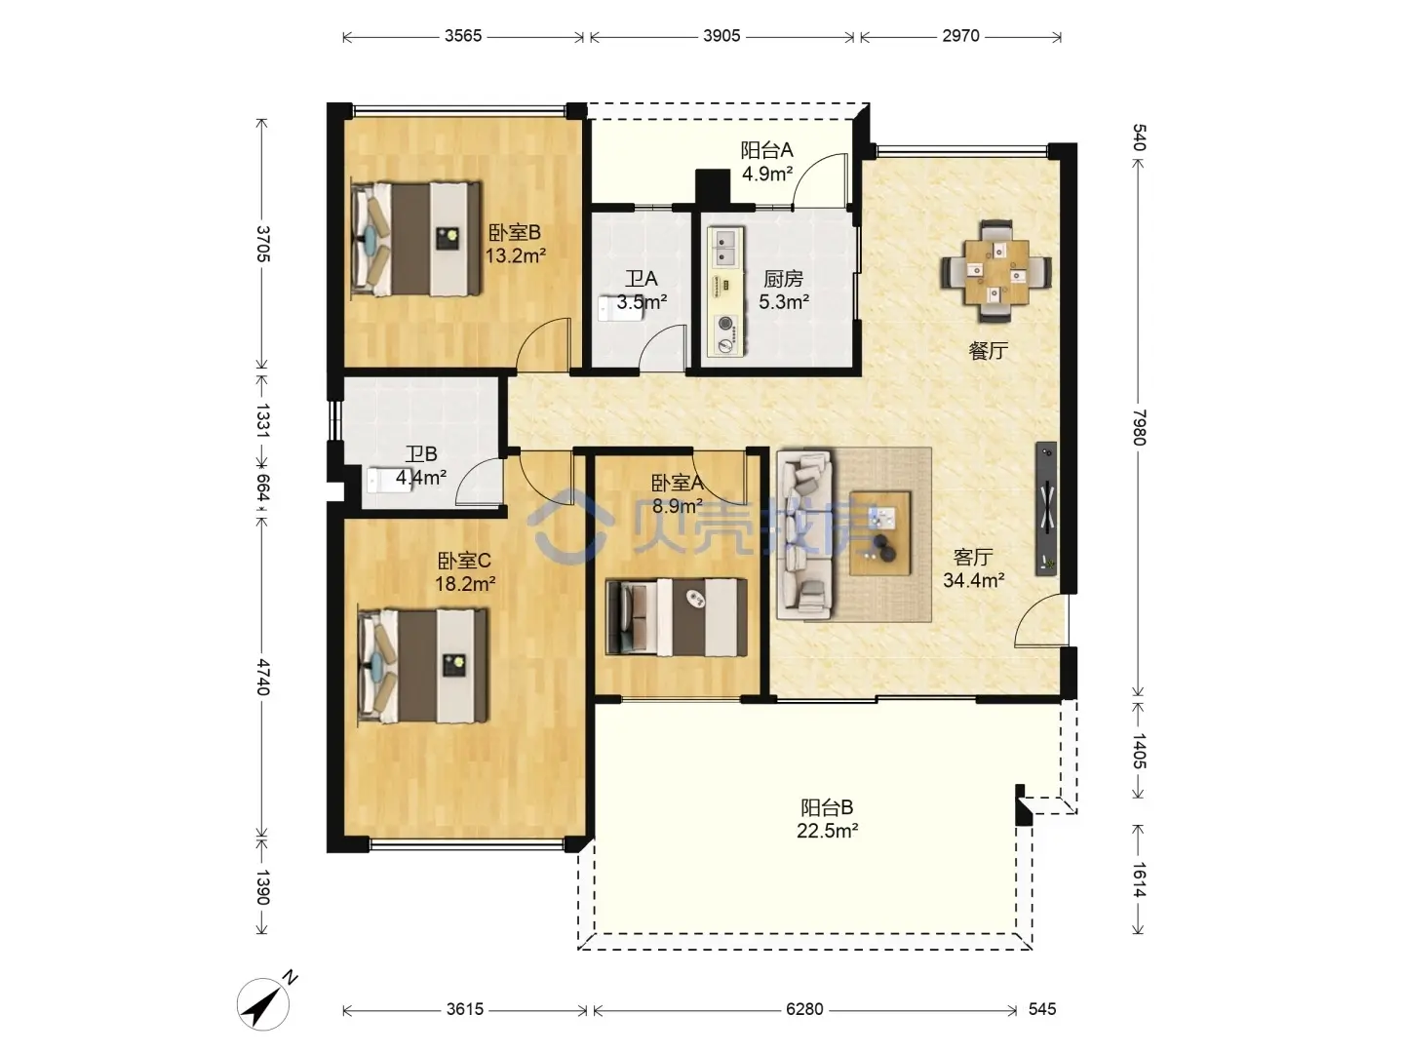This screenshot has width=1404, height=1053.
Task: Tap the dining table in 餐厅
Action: pyautogui.click(x=995, y=271)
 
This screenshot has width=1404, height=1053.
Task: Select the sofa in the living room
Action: pyautogui.click(x=804, y=535)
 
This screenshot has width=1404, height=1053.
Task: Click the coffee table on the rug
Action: pyautogui.click(x=880, y=533)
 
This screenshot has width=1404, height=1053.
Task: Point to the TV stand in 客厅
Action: pyautogui.click(x=1046, y=509)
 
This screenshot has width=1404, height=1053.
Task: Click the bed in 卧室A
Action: pyautogui.click(x=676, y=617)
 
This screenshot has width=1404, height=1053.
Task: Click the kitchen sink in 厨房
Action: pyautogui.click(x=726, y=248)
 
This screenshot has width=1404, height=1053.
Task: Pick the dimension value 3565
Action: pyautogui.click(x=463, y=36)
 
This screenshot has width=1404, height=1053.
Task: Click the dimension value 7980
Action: pyautogui.click(x=1139, y=427)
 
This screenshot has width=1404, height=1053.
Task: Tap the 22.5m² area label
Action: pyautogui.click(x=827, y=831)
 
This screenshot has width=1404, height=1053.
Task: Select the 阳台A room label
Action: pyautogui.click(x=767, y=150)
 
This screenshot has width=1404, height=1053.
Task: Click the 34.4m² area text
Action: pyautogui.click(x=973, y=580)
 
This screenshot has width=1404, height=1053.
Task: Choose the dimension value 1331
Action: pyautogui.click(x=262, y=420)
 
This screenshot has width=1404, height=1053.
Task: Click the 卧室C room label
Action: pyautogui.click(x=464, y=561)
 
